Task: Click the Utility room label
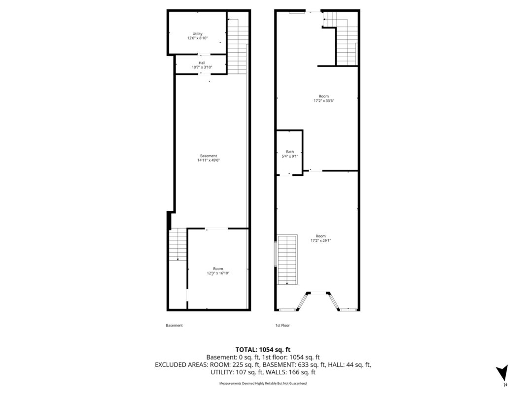pos(197,33)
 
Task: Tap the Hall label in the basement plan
pos(202,63)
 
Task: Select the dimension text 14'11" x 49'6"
pos(209,160)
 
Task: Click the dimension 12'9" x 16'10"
pos(218,273)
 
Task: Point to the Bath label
pos(290,152)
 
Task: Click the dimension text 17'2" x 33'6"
pos(324,100)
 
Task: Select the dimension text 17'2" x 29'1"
pos(321,240)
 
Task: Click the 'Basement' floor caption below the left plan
pos(174,326)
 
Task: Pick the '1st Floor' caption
pos(282,326)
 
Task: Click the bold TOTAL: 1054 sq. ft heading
pos(263,350)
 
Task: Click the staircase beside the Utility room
pos(238,46)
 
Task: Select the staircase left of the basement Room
pos(178,244)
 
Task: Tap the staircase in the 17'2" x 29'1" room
pos(287,260)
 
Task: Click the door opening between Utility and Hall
pos(204,54)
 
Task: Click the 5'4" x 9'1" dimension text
pos(290,156)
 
